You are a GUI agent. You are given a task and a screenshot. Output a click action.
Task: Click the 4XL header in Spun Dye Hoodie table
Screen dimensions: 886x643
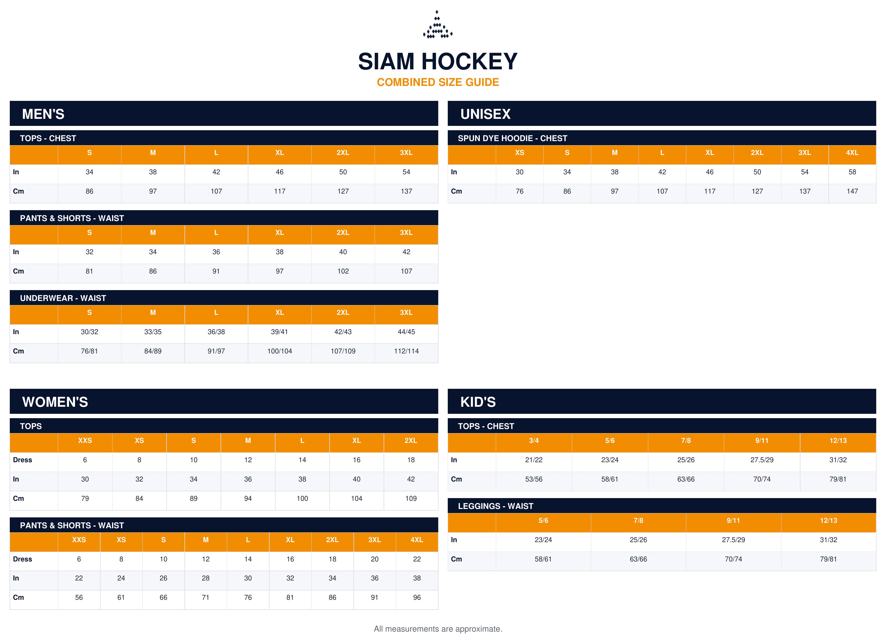tap(852, 153)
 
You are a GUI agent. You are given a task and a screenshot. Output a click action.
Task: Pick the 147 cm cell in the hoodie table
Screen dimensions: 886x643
tap(852, 191)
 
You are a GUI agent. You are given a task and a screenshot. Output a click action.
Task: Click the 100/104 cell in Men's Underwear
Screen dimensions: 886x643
tap(279, 351)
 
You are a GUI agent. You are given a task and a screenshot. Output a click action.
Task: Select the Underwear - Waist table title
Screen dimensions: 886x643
tap(63, 298)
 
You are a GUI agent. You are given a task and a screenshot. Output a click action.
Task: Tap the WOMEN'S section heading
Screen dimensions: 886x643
tap(55, 402)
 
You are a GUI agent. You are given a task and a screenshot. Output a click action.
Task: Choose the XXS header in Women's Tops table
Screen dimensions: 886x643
tap(85, 440)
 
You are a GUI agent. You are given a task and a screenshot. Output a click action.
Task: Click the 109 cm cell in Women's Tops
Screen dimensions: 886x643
tap(411, 498)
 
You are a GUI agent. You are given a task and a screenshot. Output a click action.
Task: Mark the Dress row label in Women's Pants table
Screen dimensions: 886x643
tap(22, 559)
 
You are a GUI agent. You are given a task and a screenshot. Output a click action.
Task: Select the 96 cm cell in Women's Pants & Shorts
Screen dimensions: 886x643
tap(417, 597)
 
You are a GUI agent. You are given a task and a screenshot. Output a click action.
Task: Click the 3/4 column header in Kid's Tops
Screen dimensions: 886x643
tap(534, 440)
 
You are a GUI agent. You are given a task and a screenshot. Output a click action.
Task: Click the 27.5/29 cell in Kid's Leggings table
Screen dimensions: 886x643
tap(733, 540)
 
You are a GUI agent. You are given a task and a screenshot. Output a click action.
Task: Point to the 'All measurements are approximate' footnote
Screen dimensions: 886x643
tap(438, 629)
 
